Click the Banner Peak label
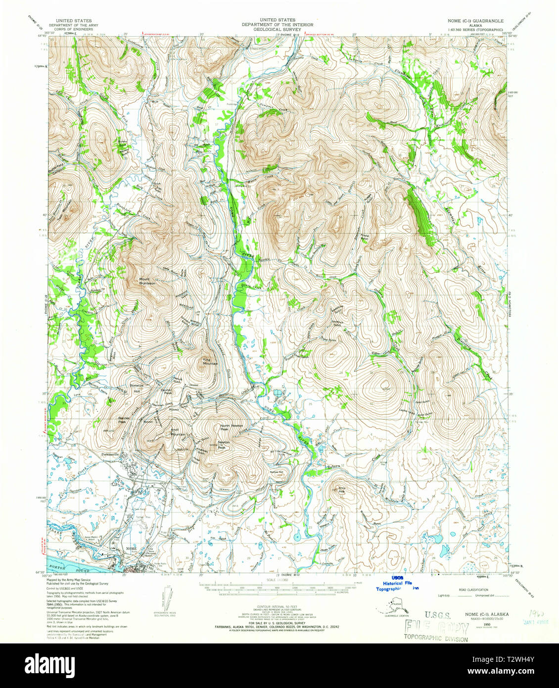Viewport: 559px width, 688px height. pyautogui.click(x=123, y=420)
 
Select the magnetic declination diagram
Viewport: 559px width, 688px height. pyautogui.click(x=165, y=600)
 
